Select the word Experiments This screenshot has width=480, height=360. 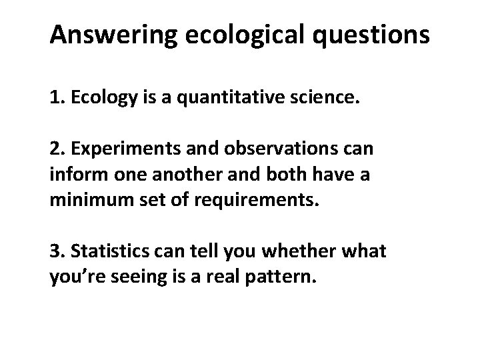[117, 149]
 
